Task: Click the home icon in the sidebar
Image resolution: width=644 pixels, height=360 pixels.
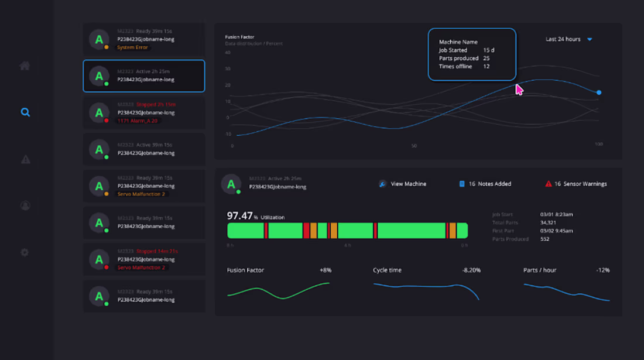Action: coord(25,66)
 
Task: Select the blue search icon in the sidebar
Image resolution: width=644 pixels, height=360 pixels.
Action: coord(25,112)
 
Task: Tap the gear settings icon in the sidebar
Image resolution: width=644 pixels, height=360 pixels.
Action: coord(25,252)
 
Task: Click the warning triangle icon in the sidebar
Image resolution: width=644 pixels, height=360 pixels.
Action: coord(25,159)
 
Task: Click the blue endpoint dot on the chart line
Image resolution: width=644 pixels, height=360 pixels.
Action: coord(598,92)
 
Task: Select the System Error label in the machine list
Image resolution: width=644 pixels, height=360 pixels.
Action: coord(133,47)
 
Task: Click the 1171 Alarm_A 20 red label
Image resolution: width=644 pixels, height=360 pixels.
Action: coord(138,121)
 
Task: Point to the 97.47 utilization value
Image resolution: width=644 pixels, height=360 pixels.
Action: coord(239,216)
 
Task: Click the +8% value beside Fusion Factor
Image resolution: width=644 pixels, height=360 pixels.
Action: coord(326,270)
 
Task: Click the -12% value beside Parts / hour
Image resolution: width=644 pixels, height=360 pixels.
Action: coord(602,270)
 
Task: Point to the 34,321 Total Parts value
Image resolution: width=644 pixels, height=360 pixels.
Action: coord(549,222)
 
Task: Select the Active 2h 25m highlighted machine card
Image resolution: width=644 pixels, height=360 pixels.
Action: coord(144,76)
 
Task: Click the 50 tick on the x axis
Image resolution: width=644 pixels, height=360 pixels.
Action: coord(414,146)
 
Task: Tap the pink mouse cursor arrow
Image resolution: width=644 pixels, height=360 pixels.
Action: coord(519,90)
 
